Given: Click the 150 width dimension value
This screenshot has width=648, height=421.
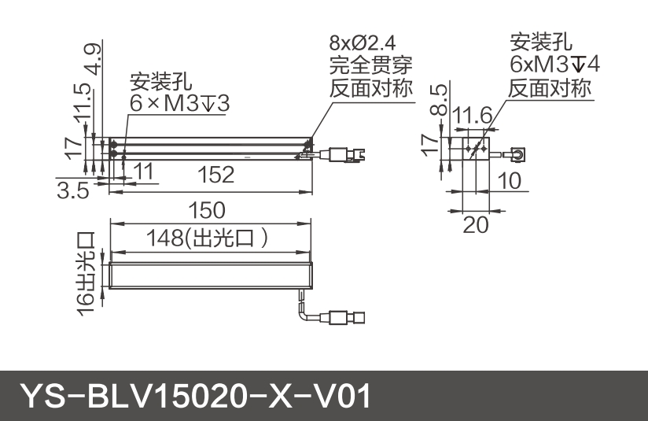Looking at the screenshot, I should pyautogui.click(x=208, y=211).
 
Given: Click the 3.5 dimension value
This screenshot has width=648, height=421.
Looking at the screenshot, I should pyautogui.click(x=72, y=191).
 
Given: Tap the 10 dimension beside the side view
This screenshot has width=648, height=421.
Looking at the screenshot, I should pyautogui.click(x=509, y=182).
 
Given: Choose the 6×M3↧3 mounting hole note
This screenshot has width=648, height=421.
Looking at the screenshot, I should pyautogui.click(x=180, y=103).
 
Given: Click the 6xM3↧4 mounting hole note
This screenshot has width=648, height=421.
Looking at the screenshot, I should pyautogui.click(x=554, y=65).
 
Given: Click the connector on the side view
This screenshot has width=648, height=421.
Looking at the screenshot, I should pyautogui.click(x=518, y=151).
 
